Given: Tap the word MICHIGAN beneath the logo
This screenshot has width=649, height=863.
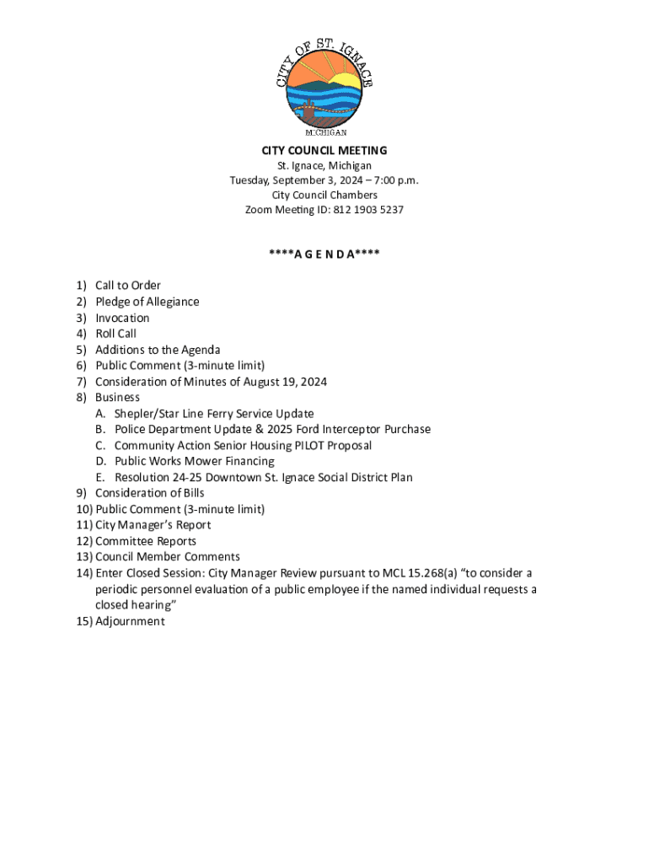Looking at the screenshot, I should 325,133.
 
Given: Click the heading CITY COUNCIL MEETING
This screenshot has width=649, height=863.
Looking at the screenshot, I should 324,151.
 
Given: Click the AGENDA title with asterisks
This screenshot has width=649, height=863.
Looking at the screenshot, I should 324,254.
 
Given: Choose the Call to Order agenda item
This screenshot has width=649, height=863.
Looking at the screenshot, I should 128,286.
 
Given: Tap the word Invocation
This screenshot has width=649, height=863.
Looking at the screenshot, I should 122,318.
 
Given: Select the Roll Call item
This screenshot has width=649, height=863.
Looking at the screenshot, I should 115,334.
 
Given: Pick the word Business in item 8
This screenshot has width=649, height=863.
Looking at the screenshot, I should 117,397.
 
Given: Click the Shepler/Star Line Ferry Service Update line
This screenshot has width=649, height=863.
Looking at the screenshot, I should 214,414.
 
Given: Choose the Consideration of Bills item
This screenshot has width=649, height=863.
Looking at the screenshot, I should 150,493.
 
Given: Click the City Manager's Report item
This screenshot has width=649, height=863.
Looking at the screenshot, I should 153,525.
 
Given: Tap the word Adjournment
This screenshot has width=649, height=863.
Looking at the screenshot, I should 130,622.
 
